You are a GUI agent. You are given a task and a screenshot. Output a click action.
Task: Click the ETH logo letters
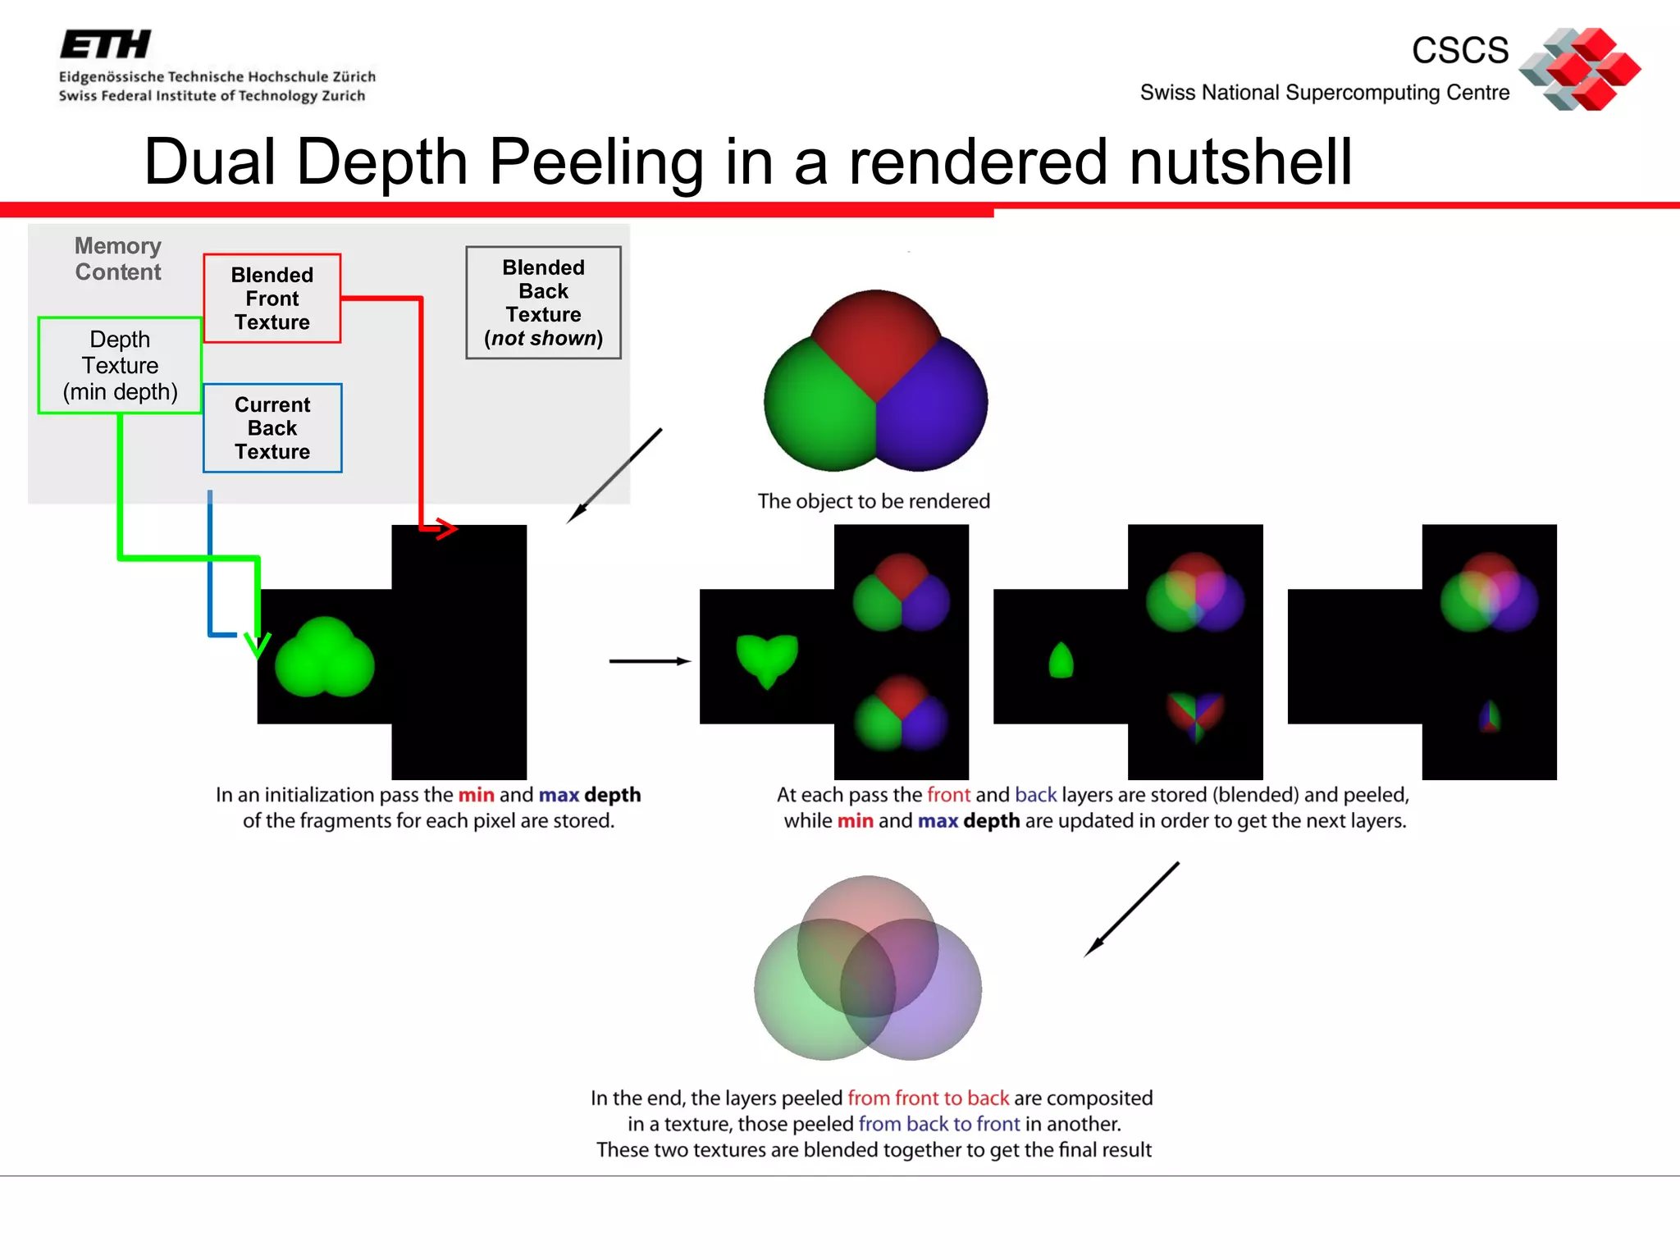(106, 44)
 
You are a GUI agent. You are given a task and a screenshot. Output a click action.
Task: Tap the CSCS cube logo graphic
(1581, 69)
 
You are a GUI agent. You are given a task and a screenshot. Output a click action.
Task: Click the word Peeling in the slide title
(596, 162)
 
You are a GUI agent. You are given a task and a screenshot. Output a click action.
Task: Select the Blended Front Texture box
(272, 299)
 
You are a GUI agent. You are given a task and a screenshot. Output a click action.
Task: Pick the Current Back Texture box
(272, 428)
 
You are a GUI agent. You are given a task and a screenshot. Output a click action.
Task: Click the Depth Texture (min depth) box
(120, 366)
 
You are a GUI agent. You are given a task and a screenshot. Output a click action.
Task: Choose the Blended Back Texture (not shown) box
(543, 303)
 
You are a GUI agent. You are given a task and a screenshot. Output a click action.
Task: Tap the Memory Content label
(118, 259)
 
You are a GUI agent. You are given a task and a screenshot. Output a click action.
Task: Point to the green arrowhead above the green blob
(258, 645)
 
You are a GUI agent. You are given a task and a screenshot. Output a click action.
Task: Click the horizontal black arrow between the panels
(649, 661)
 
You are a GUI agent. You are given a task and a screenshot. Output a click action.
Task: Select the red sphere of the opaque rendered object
(876, 332)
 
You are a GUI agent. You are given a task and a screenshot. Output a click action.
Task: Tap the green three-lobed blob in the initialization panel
(325, 659)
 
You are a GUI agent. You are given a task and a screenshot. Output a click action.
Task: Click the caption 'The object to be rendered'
(874, 501)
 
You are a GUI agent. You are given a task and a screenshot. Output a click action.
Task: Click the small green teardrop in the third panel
(1061, 661)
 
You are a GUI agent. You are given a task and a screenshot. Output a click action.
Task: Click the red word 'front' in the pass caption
(948, 795)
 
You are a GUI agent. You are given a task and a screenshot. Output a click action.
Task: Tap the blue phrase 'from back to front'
(939, 1124)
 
